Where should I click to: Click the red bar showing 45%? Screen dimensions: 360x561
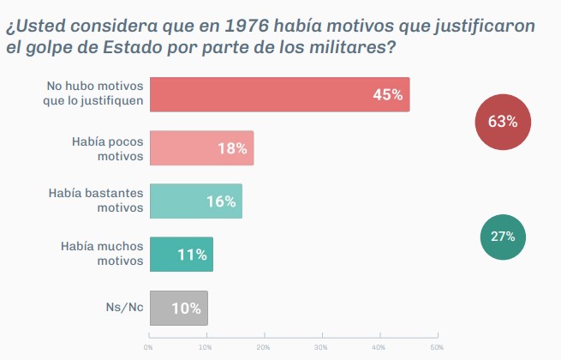279,94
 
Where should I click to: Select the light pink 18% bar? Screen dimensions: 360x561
201,147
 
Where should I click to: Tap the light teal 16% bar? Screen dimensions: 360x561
195,201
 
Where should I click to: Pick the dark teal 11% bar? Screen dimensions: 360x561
181,255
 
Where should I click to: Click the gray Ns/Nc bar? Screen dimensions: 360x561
178,308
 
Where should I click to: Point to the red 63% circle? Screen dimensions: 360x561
503,122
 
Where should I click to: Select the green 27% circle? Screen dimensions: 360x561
503,236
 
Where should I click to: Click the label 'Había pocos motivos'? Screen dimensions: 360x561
107,147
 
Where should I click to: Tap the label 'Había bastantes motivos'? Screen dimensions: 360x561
95,201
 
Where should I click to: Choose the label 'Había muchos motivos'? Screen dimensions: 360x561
101,255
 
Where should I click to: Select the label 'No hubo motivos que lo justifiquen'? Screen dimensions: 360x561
95,94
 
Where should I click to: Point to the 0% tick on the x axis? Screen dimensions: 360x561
148,347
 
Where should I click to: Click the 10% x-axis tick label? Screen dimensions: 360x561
206,347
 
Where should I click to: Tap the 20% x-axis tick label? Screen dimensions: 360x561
263,347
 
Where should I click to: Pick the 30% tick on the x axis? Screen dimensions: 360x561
320,347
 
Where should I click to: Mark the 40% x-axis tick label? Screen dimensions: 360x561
378,347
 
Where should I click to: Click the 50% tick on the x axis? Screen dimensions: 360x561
436,347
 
